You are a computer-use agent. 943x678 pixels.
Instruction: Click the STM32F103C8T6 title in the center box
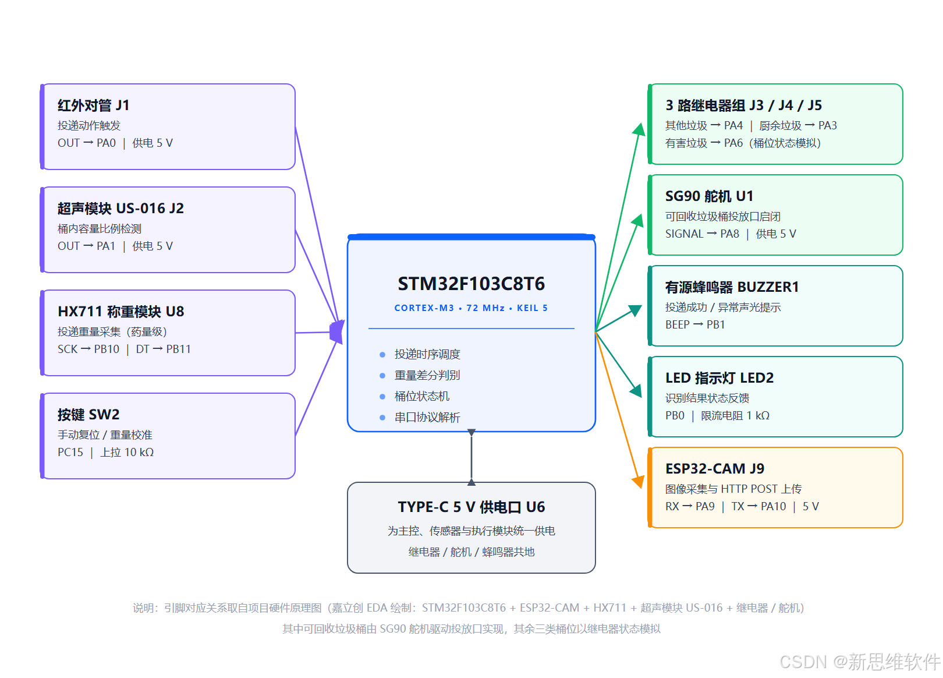click(x=471, y=284)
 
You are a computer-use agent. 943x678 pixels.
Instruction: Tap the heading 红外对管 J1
click(x=94, y=105)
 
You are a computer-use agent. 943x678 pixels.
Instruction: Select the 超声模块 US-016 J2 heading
click(x=121, y=209)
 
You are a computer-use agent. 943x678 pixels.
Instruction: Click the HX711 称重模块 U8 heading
click(x=121, y=312)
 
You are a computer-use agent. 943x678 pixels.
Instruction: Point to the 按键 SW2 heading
click(x=88, y=415)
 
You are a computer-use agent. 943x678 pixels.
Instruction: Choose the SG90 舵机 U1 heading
click(x=709, y=196)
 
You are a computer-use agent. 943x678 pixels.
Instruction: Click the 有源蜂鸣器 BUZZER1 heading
click(x=732, y=287)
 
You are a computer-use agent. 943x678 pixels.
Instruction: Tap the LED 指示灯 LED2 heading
click(x=719, y=378)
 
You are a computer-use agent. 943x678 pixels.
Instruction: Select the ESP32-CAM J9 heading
click(x=715, y=468)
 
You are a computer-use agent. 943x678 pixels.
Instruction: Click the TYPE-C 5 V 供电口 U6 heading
click(x=471, y=507)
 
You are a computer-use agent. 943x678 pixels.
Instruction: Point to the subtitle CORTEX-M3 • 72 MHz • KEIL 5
click(x=471, y=308)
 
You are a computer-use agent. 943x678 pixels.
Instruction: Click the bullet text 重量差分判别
click(x=427, y=375)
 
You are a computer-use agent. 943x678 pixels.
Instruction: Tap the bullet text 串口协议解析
click(x=427, y=417)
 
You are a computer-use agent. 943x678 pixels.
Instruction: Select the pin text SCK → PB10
click(x=88, y=349)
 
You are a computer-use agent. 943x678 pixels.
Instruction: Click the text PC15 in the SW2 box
click(x=70, y=452)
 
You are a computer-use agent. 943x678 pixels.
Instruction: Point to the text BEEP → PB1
click(x=694, y=324)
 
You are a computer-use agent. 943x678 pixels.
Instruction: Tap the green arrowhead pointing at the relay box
click(x=639, y=129)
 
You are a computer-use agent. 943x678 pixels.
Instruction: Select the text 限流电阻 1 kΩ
click(x=735, y=416)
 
